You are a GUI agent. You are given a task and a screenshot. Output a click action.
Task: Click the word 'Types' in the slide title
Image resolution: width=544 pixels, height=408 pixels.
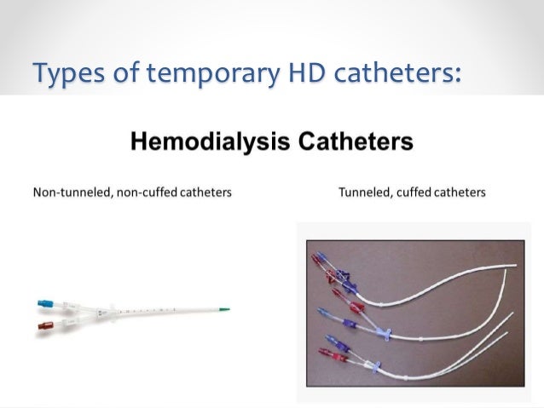coord(62,75)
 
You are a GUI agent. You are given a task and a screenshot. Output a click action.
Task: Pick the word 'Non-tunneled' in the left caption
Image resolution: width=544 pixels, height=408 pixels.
coord(66,193)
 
